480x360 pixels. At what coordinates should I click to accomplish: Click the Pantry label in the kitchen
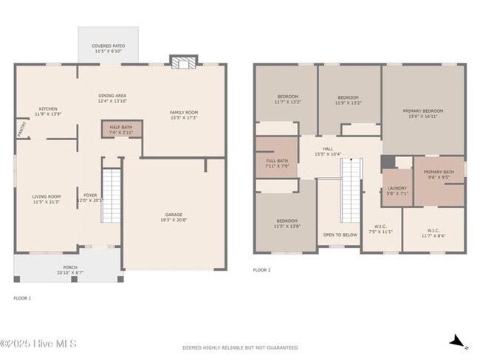(20, 129)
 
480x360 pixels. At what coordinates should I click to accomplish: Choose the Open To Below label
(340, 235)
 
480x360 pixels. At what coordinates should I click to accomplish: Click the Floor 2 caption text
(262, 270)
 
